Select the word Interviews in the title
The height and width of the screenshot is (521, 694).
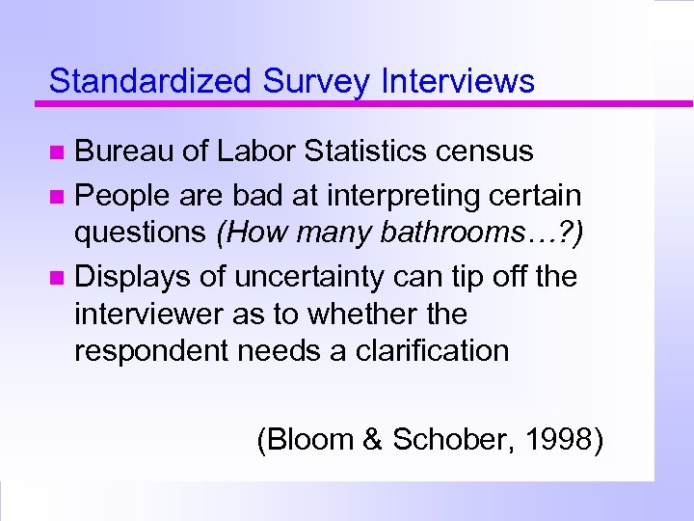(x=458, y=81)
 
